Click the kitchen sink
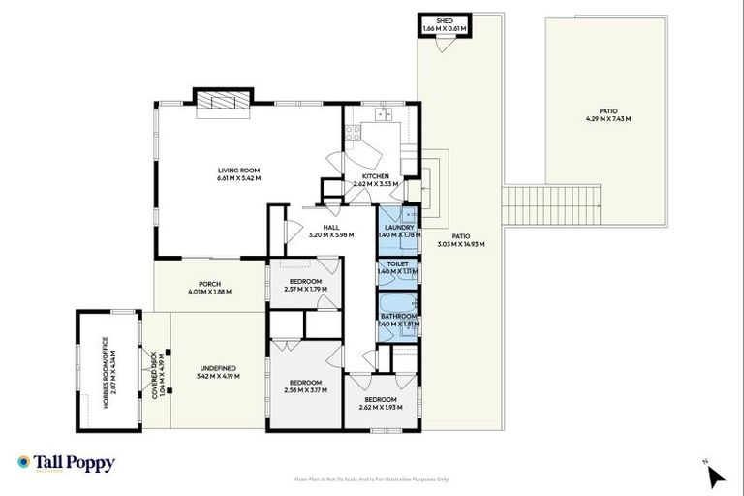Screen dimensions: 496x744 (383, 114)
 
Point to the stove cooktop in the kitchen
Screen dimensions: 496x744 (354, 135)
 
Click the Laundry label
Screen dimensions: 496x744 (398, 228)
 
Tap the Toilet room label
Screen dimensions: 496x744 (398, 263)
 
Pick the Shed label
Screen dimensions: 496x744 (445, 21)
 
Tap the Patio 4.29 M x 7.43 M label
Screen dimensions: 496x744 (607, 114)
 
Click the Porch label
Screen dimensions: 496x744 (208, 288)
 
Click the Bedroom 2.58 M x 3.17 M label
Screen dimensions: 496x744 (305, 386)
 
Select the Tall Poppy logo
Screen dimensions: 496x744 (66, 463)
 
